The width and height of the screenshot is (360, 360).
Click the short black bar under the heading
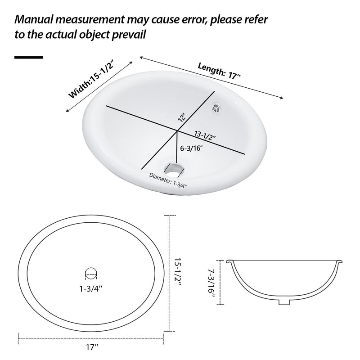click(x=29, y=58)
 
